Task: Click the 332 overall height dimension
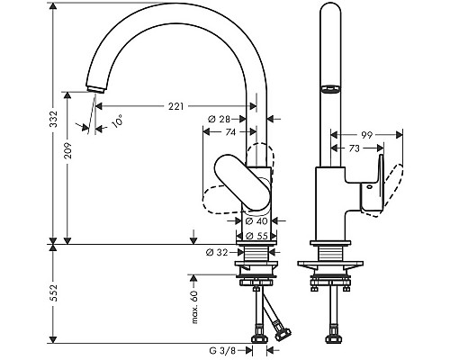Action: (x=53, y=119)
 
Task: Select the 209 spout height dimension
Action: (x=68, y=150)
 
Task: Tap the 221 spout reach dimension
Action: (x=175, y=106)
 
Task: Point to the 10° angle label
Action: (x=117, y=121)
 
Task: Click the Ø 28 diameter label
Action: (x=219, y=119)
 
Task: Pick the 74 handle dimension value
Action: (x=230, y=132)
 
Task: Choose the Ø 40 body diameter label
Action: (x=256, y=221)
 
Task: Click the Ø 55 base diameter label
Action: (x=256, y=236)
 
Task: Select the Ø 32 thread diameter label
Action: (x=217, y=253)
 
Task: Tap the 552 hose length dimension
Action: (x=53, y=292)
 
